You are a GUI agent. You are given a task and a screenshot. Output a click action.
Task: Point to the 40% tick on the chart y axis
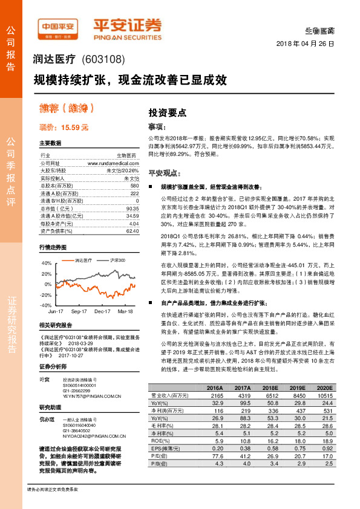click(46, 264)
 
